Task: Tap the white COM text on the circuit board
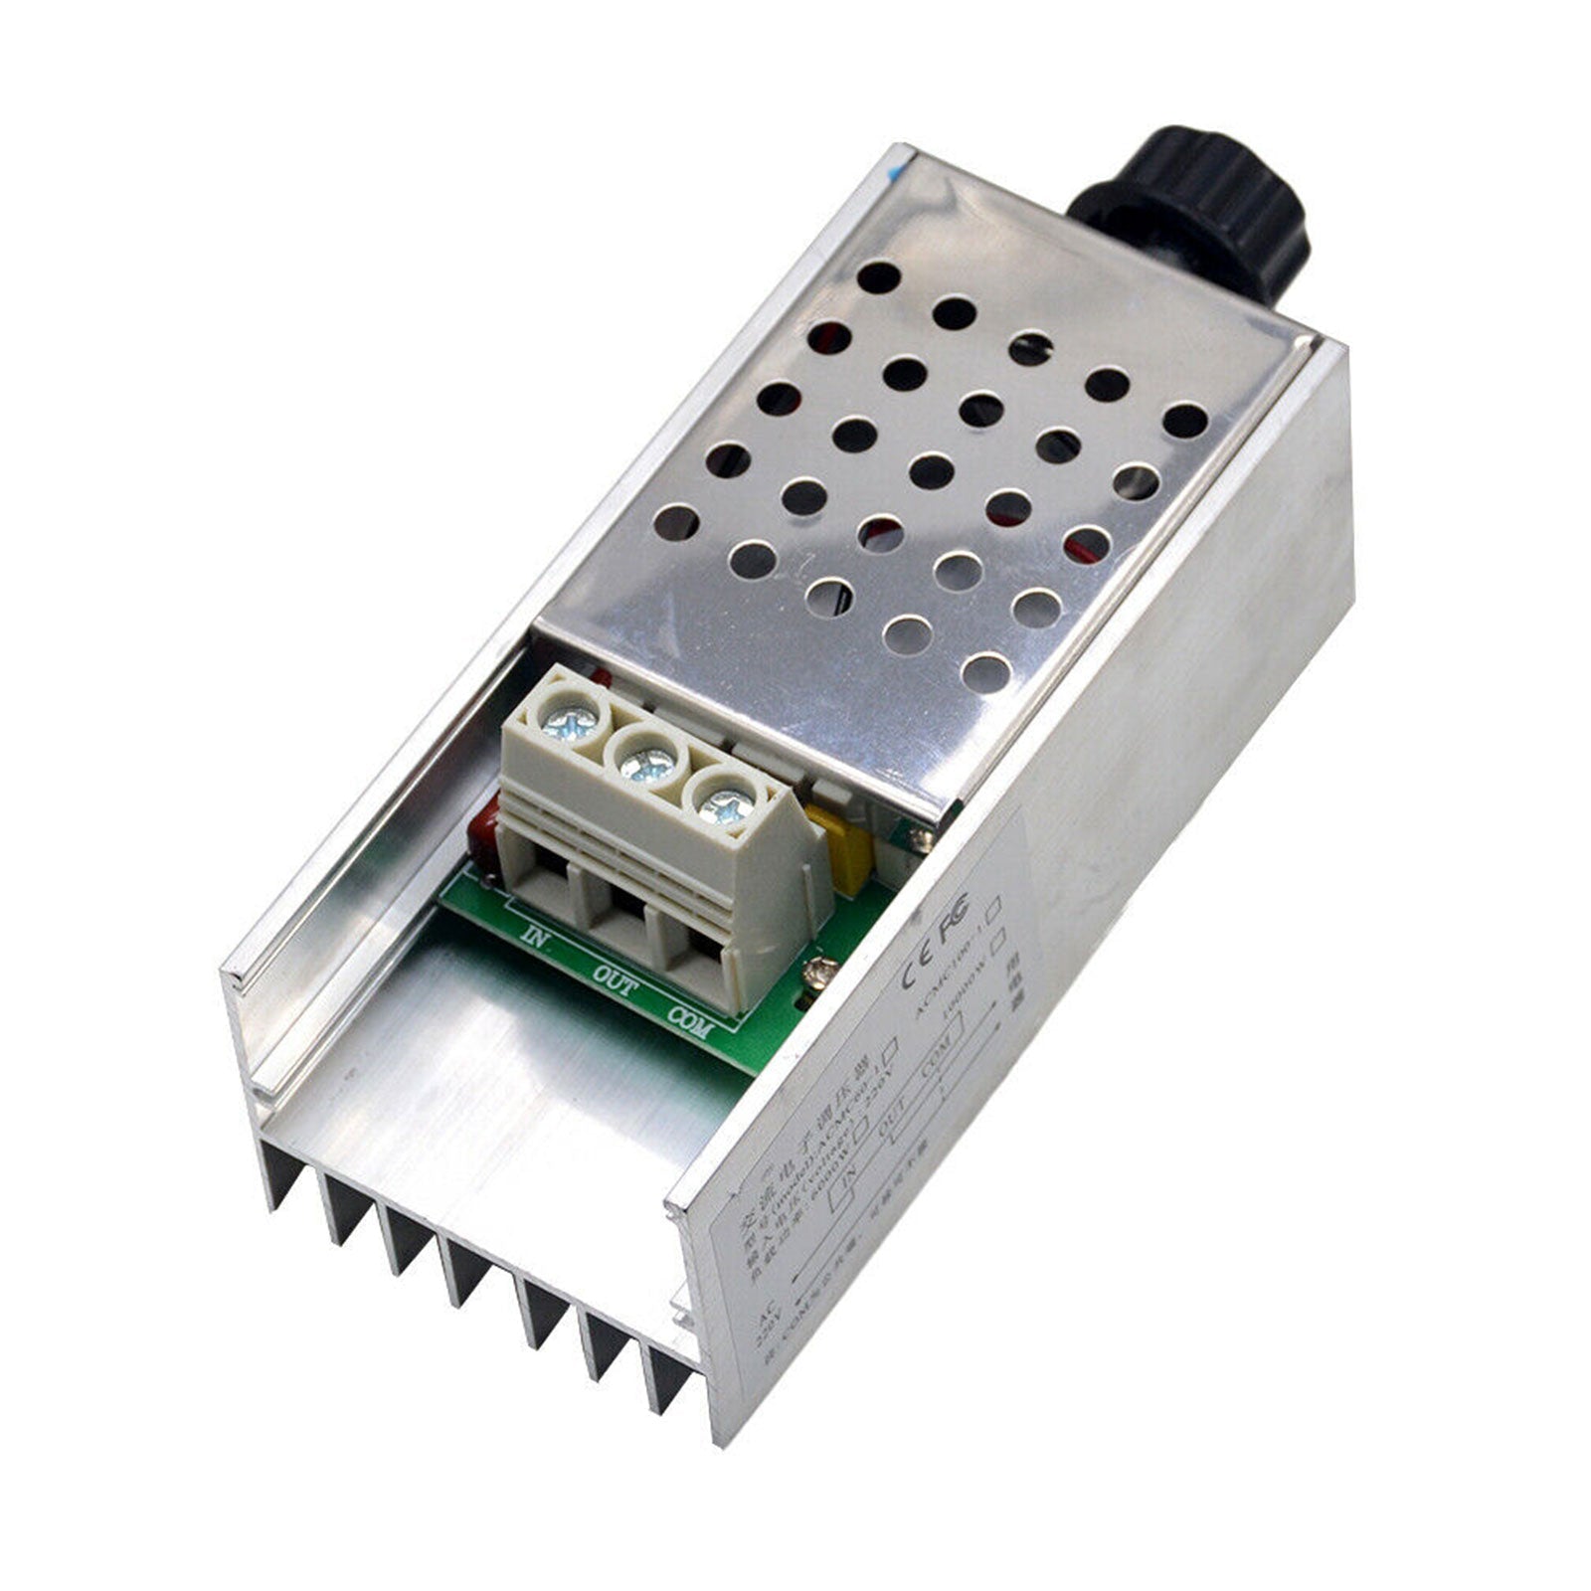(x=689, y=1021)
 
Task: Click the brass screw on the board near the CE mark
(x=818, y=970)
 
